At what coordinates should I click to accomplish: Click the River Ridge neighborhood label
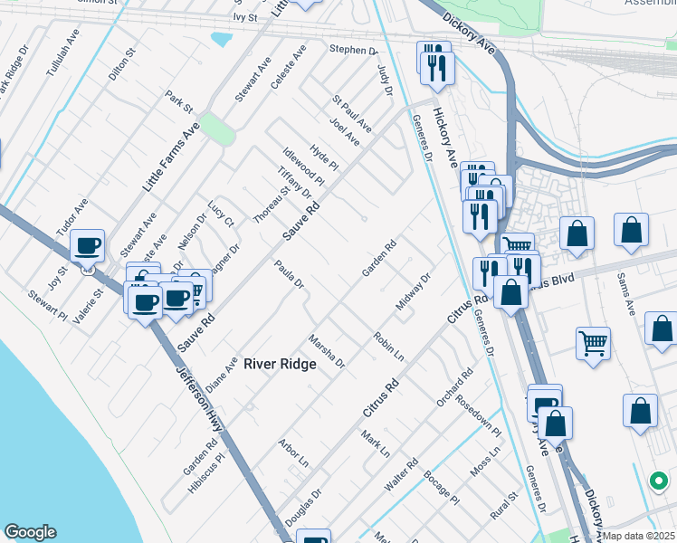tap(279, 364)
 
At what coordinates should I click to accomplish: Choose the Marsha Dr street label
tap(327, 351)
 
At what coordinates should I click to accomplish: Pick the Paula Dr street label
tap(288, 275)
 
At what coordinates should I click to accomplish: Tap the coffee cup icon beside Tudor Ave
tap(88, 244)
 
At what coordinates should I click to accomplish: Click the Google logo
tap(30, 532)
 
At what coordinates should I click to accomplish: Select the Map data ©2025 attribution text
tap(637, 536)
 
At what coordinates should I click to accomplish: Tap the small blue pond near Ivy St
tap(221, 40)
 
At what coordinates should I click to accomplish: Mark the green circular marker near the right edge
tap(660, 479)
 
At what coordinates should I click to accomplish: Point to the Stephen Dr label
tap(353, 50)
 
